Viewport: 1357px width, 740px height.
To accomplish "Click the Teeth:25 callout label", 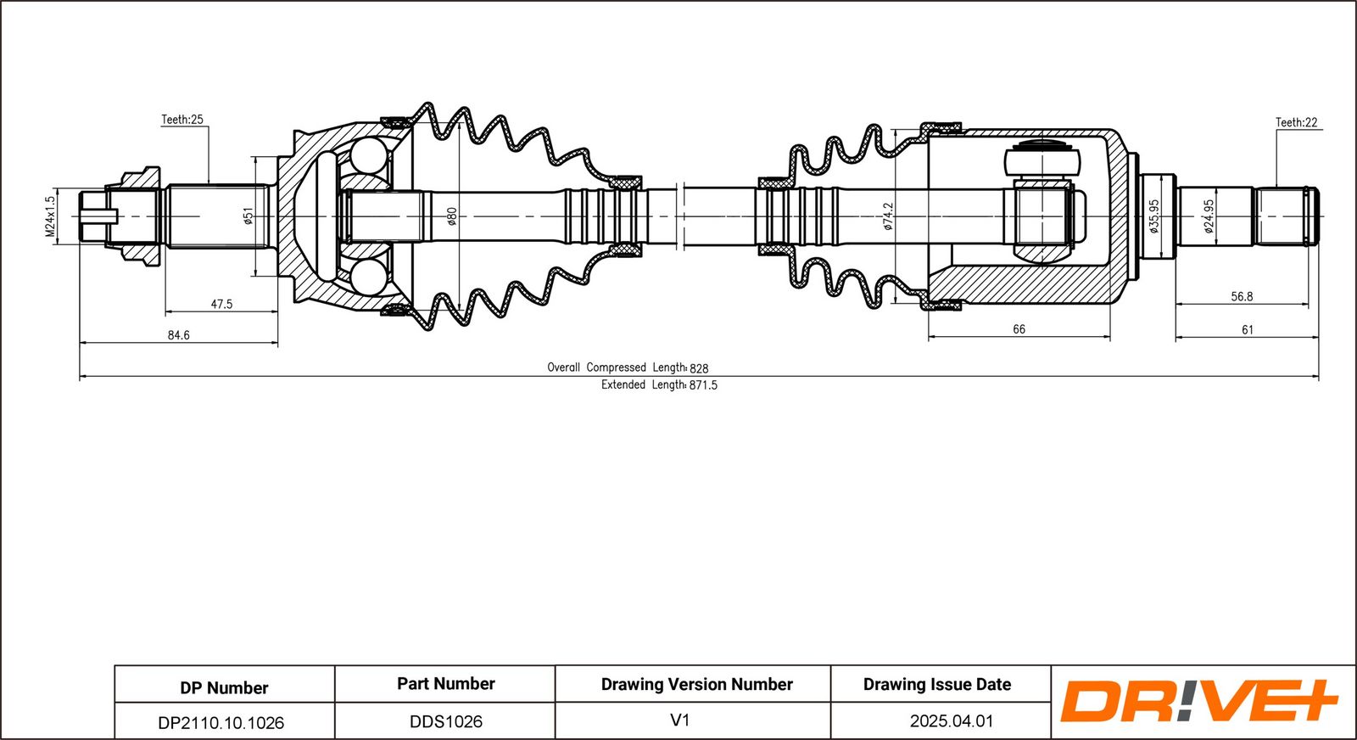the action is click(181, 120).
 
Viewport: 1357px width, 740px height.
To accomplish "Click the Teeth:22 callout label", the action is click(1297, 122).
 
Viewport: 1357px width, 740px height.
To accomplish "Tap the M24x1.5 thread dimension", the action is click(50, 216).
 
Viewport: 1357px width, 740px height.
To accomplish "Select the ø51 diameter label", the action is click(248, 216).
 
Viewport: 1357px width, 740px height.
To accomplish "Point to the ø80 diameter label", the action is click(452, 216).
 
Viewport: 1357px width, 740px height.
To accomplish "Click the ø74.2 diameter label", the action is click(889, 216).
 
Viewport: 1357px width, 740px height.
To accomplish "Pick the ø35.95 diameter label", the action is click(1154, 216).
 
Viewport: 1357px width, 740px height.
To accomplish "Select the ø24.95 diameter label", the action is click(1209, 216).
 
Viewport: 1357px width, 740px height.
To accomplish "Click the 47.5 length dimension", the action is click(221, 305).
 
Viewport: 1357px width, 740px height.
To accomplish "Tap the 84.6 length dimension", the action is click(179, 335).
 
